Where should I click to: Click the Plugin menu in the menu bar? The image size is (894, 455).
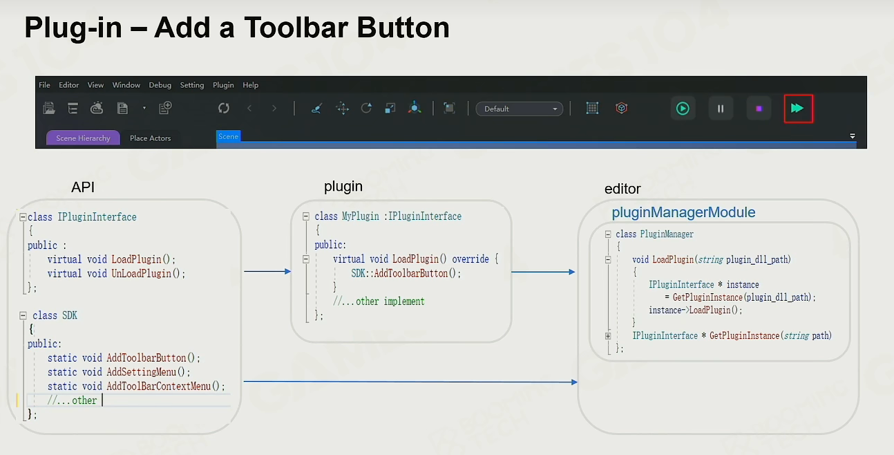pyautogui.click(x=223, y=85)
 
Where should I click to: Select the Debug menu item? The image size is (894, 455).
pyautogui.click(x=160, y=85)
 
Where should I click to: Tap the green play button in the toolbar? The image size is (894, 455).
pyautogui.click(x=683, y=109)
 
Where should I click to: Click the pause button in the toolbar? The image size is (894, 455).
pyautogui.click(x=721, y=109)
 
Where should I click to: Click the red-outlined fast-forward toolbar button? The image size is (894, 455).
pyautogui.click(x=798, y=109)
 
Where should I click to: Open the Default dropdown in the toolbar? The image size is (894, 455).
pyautogui.click(x=519, y=109)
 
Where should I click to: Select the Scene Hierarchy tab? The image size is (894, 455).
pyautogui.click(x=83, y=138)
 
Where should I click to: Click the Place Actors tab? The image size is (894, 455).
pyautogui.click(x=150, y=138)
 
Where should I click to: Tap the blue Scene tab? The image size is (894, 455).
pyautogui.click(x=228, y=136)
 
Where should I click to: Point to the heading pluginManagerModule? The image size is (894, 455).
pyautogui.click(x=683, y=212)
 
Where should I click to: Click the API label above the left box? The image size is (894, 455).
pyautogui.click(x=83, y=187)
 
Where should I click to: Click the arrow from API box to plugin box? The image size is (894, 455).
pyautogui.click(x=267, y=271)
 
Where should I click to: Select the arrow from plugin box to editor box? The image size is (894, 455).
pyautogui.click(x=543, y=272)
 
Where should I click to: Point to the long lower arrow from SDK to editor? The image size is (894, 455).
pyautogui.click(x=410, y=382)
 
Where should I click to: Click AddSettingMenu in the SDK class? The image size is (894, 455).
pyautogui.click(x=142, y=372)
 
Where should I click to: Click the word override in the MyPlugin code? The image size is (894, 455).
pyautogui.click(x=470, y=259)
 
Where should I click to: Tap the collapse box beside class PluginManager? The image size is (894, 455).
pyautogui.click(x=608, y=234)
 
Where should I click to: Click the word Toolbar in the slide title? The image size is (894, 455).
pyautogui.click(x=296, y=28)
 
